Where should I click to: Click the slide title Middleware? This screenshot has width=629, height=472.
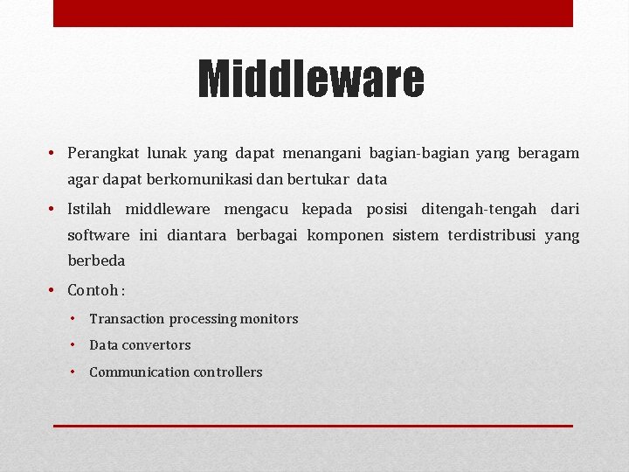(311, 80)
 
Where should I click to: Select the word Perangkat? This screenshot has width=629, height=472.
(100, 154)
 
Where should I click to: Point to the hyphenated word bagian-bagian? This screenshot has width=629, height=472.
(418, 154)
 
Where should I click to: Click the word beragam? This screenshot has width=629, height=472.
(548, 154)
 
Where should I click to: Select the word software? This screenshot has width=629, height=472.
(98, 235)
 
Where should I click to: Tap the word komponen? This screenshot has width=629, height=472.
(345, 235)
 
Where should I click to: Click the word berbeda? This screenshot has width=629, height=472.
(96, 260)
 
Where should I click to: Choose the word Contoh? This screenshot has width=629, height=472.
(92, 290)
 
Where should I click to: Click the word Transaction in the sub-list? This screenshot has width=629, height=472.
(127, 319)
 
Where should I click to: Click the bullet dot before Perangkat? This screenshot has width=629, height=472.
(53, 154)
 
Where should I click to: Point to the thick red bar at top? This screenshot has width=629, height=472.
(313, 13)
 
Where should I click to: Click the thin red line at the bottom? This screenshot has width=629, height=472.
(313, 426)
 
